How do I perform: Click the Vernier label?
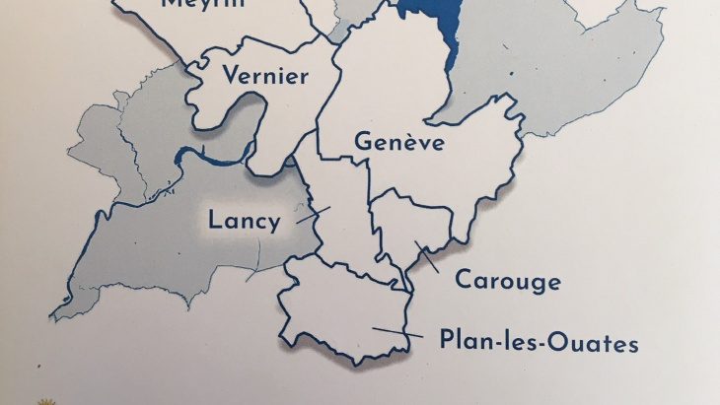click(x=265, y=76)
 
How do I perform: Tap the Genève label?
click(x=398, y=144)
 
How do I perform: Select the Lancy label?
click(x=244, y=221)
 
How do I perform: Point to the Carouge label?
click(x=507, y=282)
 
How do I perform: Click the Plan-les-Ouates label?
click(x=539, y=343)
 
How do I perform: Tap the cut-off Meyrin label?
click(x=204, y=4)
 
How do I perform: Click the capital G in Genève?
click(x=362, y=144)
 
